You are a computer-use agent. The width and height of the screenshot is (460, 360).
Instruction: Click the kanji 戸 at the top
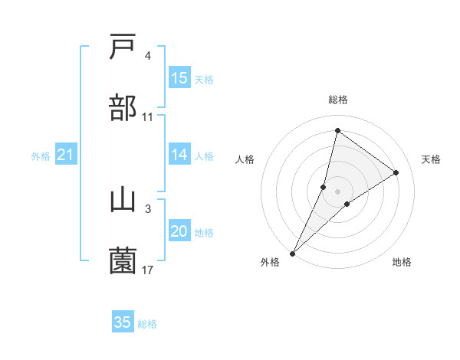click(123, 47)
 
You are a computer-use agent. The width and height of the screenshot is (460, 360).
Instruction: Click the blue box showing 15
click(179, 78)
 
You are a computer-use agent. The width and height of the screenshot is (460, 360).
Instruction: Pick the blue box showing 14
click(179, 155)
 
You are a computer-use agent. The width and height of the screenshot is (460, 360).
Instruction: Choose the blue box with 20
click(179, 231)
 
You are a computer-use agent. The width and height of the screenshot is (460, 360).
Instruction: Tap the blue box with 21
click(66, 155)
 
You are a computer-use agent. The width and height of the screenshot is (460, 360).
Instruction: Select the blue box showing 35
click(123, 322)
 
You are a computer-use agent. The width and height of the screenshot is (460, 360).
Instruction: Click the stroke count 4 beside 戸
click(148, 56)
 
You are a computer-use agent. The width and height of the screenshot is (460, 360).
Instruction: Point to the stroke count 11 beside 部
click(148, 117)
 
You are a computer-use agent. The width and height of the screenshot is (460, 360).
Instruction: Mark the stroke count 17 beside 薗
click(148, 270)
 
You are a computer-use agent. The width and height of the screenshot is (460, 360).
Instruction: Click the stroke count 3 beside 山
click(148, 208)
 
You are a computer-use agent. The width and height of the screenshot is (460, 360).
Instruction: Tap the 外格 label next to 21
click(41, 156)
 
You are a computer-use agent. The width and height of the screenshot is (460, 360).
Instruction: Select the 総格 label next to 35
click(147, 324)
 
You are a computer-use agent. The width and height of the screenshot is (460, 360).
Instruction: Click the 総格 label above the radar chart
click(337, 100)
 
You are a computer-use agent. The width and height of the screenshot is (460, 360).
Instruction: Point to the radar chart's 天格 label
click(432, 159)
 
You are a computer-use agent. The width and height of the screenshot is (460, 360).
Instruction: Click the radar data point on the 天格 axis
click(396, 172)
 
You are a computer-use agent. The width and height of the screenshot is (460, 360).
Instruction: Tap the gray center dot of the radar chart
click(337, 191)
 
